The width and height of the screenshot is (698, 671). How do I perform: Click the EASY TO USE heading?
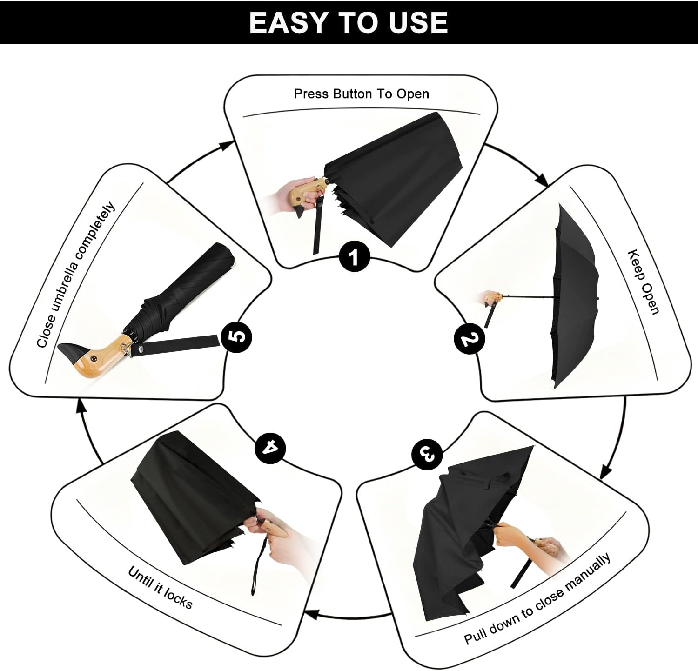pyautogui.click(x=349, y=22)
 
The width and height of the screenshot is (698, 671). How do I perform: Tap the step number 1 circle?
pyautogui.click(x=355, y=256)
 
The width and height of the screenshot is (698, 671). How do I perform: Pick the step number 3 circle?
pyautogui.click(x=427, y=453)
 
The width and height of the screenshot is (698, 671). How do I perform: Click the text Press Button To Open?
pyautogui.click(x=362, y=94)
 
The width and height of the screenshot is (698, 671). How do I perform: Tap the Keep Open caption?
pyautogui.click(x=644, y=282)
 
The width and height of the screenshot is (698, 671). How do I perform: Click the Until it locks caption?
pyautogui.click(x=161, y=588)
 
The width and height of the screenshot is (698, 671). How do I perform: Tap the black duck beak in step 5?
pyautogui.click(x=70, y=352)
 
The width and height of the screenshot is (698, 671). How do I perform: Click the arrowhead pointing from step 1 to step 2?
pyautogui.click(x=541, y=179)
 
